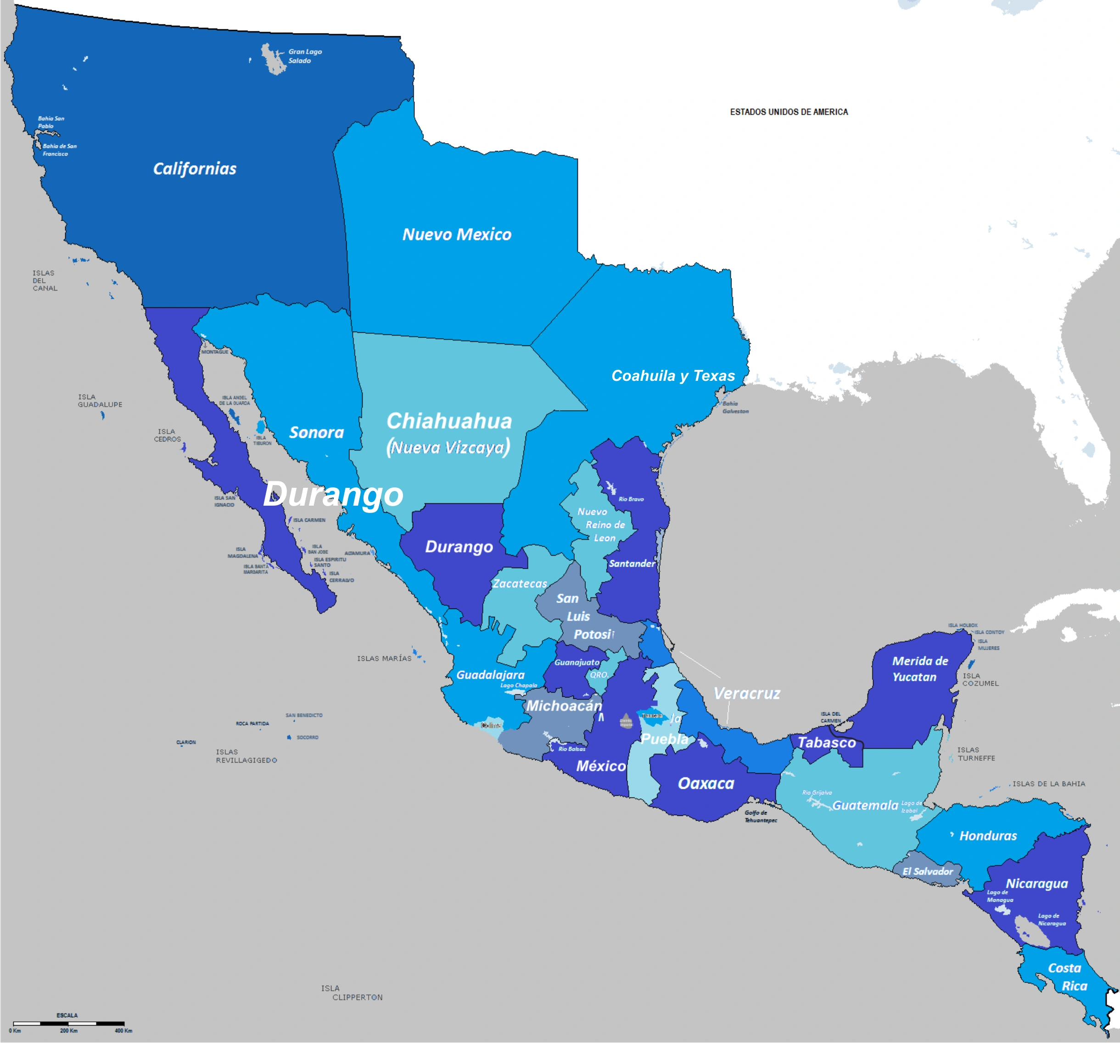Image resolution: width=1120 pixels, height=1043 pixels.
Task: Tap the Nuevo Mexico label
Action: click(x=456, y=235)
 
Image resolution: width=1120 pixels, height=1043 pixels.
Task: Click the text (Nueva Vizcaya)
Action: click(x=448, y=448)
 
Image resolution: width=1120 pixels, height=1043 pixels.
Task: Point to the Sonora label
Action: click(x=316, y=433)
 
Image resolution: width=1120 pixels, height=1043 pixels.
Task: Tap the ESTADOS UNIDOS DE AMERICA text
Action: click(x=788, y=112)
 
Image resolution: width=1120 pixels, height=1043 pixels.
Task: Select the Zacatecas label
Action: click(x=520, y=584)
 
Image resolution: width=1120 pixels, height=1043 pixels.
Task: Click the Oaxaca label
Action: click(x=706, y=783)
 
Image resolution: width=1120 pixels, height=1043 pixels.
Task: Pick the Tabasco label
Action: click(x=827, y=742)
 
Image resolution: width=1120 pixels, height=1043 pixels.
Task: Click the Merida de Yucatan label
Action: click(x=919, y=669)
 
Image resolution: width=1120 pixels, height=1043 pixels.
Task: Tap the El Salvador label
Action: click(x=927, y=871)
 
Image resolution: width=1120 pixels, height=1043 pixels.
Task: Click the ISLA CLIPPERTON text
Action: click(x=352, y=993)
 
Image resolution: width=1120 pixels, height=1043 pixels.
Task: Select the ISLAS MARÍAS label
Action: click(x=384, y=658)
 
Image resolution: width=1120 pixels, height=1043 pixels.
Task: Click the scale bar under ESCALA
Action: click(x=68, y=1023)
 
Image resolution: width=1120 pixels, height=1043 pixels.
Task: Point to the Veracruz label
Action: click(x=746, y=693)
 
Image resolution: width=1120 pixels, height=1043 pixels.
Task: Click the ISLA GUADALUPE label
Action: click(x=100, y=401)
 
